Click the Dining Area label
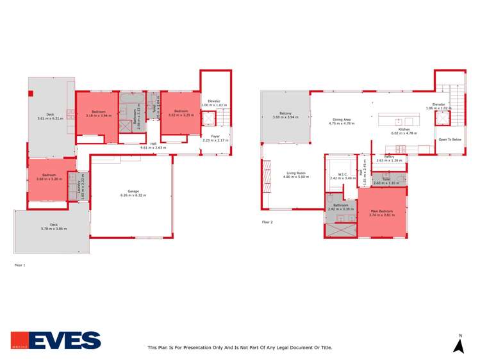(x=341, y=119)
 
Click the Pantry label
(x=389, y=156)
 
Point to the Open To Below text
(x=449, y=139)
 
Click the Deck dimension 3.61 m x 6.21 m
(x=51, y=119)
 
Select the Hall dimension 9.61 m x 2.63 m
(x=153, y=147)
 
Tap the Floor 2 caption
(x=267, y=222)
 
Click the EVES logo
(x=56, y=340)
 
